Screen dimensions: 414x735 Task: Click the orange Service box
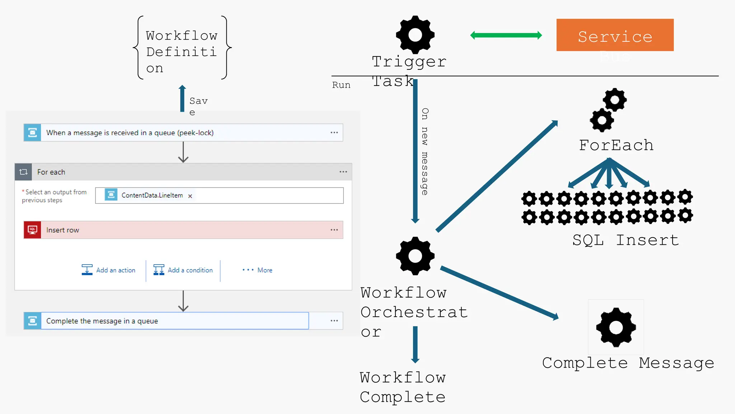[x=615, y=35]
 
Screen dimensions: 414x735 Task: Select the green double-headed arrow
[x=506, y=35]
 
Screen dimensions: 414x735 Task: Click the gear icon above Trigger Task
[x=415, y=35]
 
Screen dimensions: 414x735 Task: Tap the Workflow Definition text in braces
[x=182, y=52]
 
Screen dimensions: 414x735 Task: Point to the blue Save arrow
[x=182, y=98]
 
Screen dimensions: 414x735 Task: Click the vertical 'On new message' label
[x=425, y=151]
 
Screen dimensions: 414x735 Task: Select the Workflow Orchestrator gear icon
[x=415, y=256]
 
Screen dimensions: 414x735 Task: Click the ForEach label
[x=616, y=146]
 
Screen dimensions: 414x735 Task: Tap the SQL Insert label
[x=626, y=240]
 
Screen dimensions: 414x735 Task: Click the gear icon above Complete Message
[x=616, y=327]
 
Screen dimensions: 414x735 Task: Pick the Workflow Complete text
[x=403, y=387]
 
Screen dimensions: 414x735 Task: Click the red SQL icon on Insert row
[x=32, y=230]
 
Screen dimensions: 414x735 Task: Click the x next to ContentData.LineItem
[x=190, y=196]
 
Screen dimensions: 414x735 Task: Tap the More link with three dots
[x=257, y=270]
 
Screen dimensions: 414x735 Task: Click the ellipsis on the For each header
[x=343, y=172]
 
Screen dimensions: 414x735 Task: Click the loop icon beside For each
[x=23, y=172]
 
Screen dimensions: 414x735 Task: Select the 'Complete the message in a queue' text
[x=102, y=321]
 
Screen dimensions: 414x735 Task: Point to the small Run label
[x=341, y=85]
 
